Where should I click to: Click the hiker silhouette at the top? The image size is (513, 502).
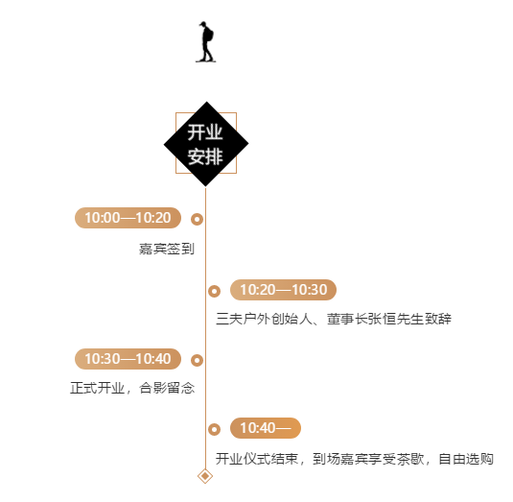pyautogui.click(x=205, y=42)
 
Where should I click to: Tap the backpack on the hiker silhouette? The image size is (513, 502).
pyautogui.click(x=210, y=35)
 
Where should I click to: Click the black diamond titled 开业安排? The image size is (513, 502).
pyautogui.click(x=206, y=143)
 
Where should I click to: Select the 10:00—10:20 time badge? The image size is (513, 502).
pyautogui.click(x=128, y=218)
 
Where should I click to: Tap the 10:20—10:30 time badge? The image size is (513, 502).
pyautogui.click(x=283, y=290)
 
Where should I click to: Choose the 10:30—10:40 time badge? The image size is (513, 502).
pyautogui.click(x=128, y=359)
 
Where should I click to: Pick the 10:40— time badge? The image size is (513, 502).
pyautogui.click(x=266, y=428)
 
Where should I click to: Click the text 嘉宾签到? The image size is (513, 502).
pyautogui.click(x=167, y=249)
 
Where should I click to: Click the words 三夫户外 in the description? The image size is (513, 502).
pyautogui.click(x=244, y=319)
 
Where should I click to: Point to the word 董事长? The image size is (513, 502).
pyautogui.click(x=347, y=319)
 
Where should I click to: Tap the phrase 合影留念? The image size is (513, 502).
pyautogui.click(x=167, y=388)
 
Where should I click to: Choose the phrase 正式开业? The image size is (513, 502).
pyautogui.click(x=98, y=388)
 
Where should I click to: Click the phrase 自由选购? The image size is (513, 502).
pyautogui.click(x=466, y=459)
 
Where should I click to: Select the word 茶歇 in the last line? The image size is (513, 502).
pyautogui.click(x=410, y=459)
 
